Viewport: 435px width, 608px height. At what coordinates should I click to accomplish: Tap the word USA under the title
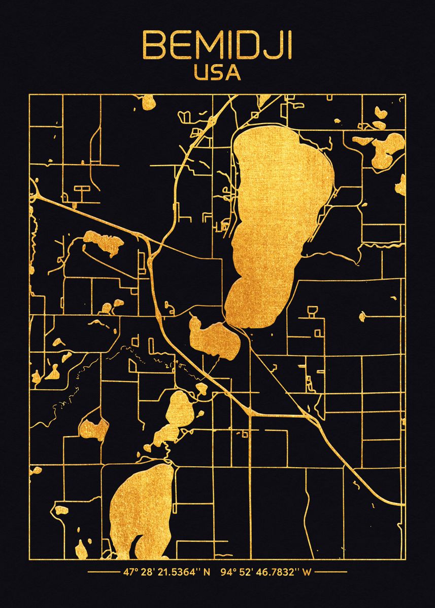[217, 72]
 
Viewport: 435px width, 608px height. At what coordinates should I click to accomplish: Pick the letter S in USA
[217, 72]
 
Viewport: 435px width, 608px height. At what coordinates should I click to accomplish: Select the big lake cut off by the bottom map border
[140, 512]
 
